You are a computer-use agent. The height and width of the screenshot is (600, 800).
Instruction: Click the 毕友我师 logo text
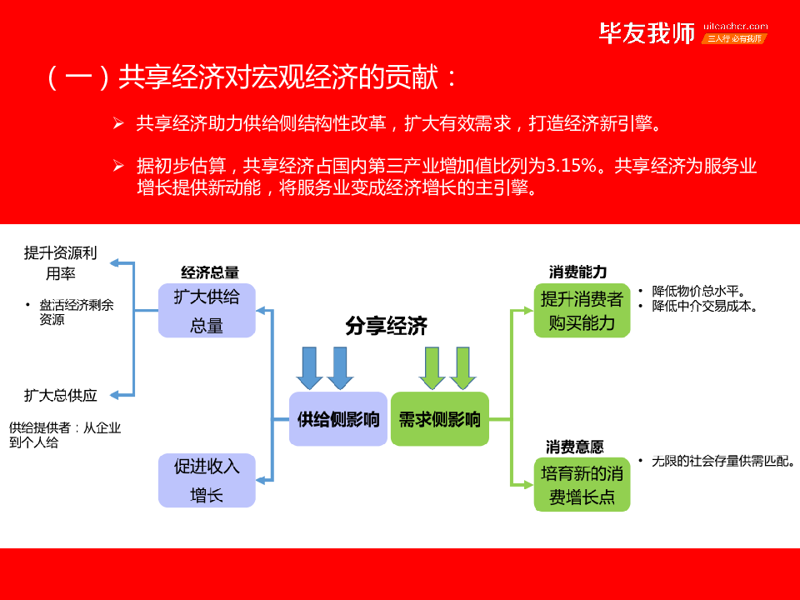click(x=647, y=33)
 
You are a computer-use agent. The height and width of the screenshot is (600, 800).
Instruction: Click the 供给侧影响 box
click(x=338, y=419)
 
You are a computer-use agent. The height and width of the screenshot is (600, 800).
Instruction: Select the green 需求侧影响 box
click(x=439, y=419)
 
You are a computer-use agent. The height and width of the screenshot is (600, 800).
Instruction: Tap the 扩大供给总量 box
click(x=207, y=311)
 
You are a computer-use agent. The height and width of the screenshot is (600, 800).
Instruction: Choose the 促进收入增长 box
click(x=207, y=480)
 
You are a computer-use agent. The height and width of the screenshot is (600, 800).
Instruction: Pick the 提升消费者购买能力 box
click(x=582, y=311)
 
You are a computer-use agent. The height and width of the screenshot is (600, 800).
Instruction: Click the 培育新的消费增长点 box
click(x=582, y=485)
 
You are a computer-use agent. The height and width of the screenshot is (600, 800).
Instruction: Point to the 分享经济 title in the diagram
click(x=387, y=327)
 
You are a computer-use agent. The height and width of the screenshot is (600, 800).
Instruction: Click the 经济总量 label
click(x=210, y=272)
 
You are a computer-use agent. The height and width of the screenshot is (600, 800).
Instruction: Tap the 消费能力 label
click(x=577, y=272)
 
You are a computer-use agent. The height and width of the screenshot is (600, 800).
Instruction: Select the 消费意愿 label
click(x=575, y=447)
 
